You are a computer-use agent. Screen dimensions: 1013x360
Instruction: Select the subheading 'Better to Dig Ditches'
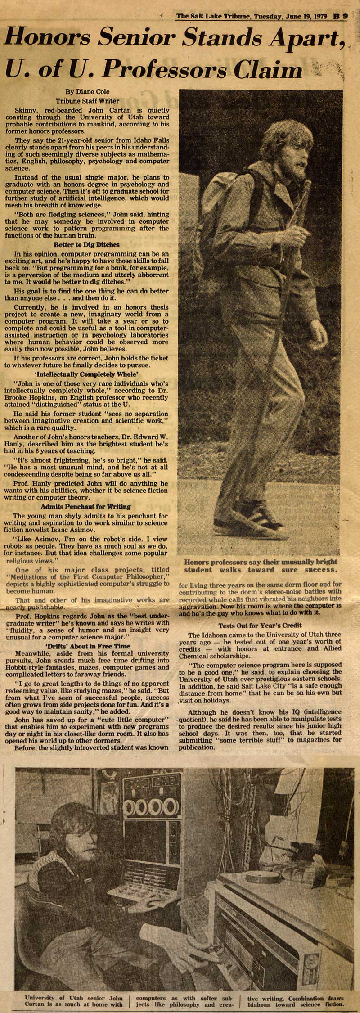click(86, 245)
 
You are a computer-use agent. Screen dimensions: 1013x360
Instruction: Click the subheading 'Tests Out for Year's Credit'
click(260, 626)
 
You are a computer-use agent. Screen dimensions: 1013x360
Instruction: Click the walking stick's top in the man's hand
click(307, 187)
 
